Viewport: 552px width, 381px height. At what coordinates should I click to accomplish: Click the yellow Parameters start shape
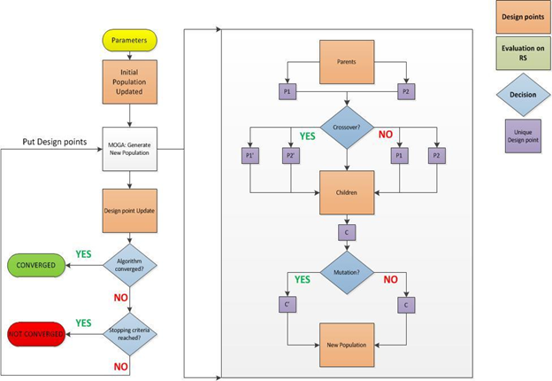pyautogui.click(x=131, y=39)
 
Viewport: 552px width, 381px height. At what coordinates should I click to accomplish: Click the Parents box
pyautogui.click(x=347, y=62)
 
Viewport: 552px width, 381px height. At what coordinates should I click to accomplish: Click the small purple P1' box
pyautogui.click(x=252, y=156)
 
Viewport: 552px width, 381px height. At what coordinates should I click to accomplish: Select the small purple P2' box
pyautogui.click(x=290, y=156)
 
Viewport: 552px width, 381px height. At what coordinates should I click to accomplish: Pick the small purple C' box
pyautogui.click(x=288, y=304)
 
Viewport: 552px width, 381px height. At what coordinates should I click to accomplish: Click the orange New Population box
pyautogui.click(x=347, y=343)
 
